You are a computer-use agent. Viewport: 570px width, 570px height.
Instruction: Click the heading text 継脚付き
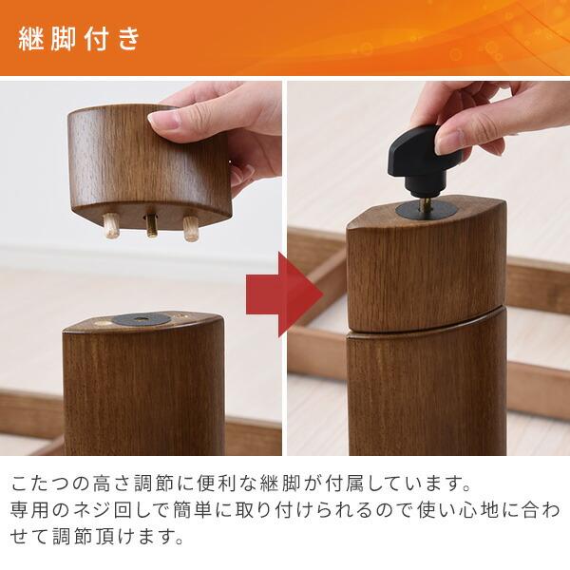click(x=80, y=39)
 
